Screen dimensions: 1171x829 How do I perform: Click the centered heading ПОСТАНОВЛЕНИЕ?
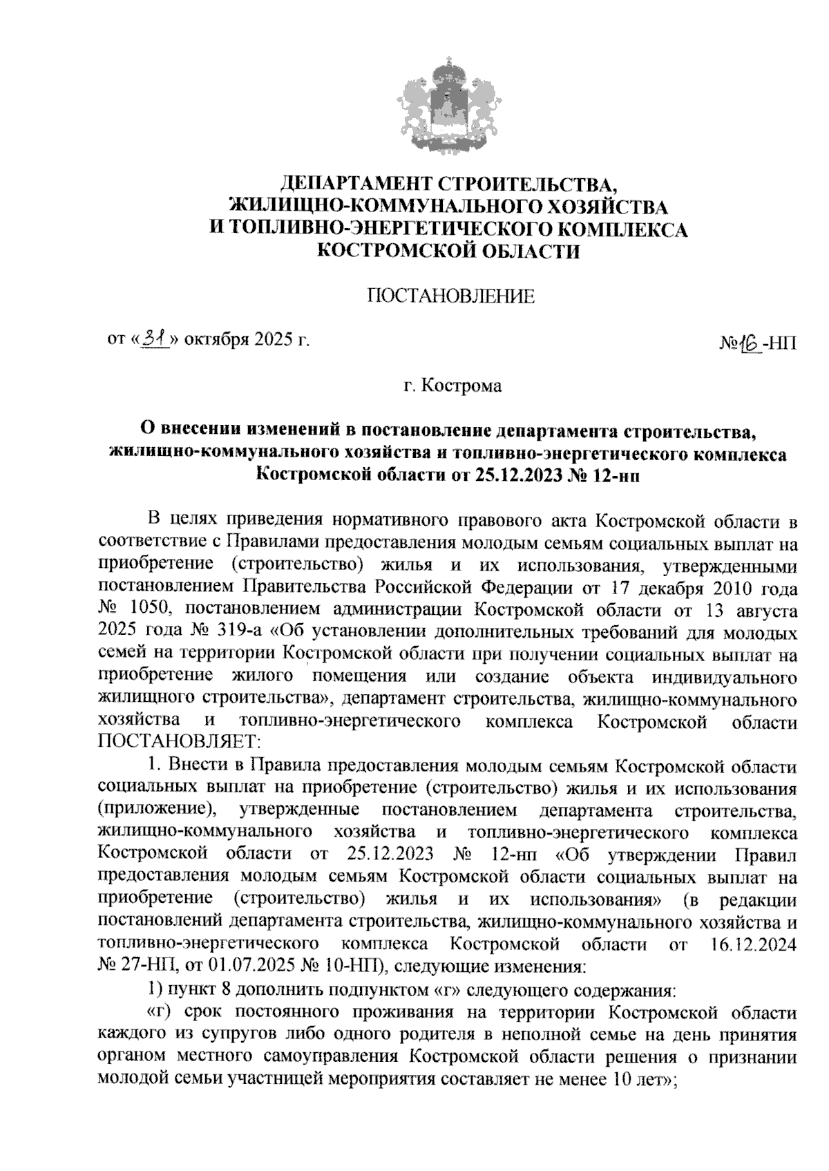point(451,296)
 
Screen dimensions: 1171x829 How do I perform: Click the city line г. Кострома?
point(452,385)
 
